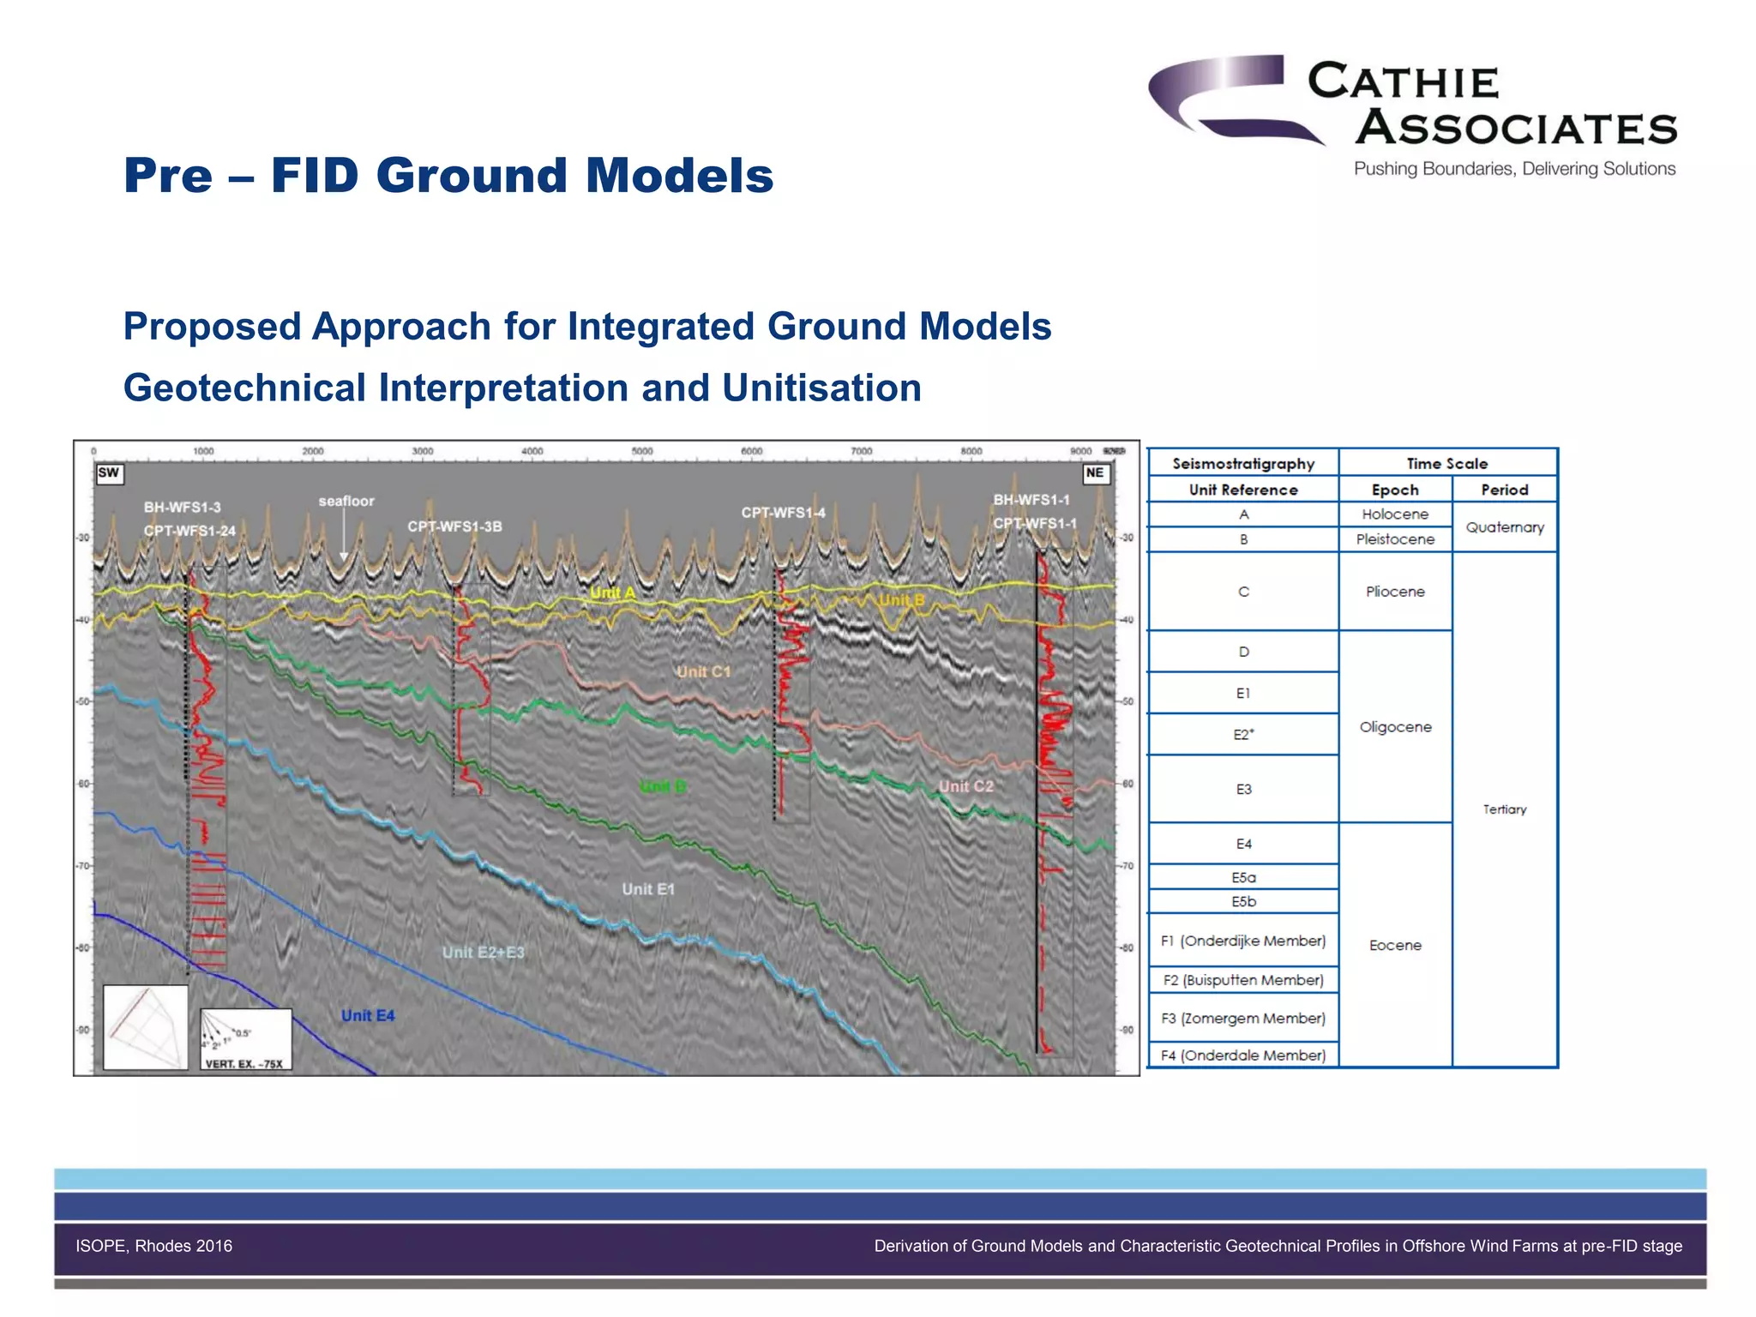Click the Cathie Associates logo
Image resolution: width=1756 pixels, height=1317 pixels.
(x=1412, y=116)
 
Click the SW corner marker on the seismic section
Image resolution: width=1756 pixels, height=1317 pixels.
(x=109, y=473)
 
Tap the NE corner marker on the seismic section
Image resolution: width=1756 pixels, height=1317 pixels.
(x=1095, y=473)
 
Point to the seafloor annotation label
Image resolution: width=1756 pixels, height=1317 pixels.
(x=346, y=501)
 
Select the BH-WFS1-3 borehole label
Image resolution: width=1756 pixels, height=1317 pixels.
(x=182, y=508)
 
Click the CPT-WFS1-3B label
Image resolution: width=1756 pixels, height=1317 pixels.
(x=454, y=526)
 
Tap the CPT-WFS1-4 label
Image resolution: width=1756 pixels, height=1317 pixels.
(x=783, y=513)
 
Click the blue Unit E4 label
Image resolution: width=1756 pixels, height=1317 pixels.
(x=368, y=1016)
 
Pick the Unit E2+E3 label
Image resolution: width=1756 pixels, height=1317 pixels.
(x=484, y=953)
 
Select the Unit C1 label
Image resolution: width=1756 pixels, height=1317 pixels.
(x=703, y=672)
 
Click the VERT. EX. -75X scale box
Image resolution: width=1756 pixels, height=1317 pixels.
(x=245, y=1039)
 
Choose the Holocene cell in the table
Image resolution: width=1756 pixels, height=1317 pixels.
(x=1395, y=514)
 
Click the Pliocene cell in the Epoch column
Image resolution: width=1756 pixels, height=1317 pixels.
(x=1395, y=592)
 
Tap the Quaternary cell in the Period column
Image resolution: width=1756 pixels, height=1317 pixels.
(x=1504, y=527)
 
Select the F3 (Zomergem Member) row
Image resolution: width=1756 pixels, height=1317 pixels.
(x=1243, y=1019)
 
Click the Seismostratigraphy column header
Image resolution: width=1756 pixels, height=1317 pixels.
(x=1243, y=464)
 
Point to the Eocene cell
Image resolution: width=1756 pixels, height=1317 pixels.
(x=1395, y=945)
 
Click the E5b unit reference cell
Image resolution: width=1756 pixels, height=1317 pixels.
(x=1243, y=902)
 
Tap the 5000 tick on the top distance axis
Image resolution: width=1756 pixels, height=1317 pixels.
(x=641, y=451)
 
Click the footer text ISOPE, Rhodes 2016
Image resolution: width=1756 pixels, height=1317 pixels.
(x=154, y=1246)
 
